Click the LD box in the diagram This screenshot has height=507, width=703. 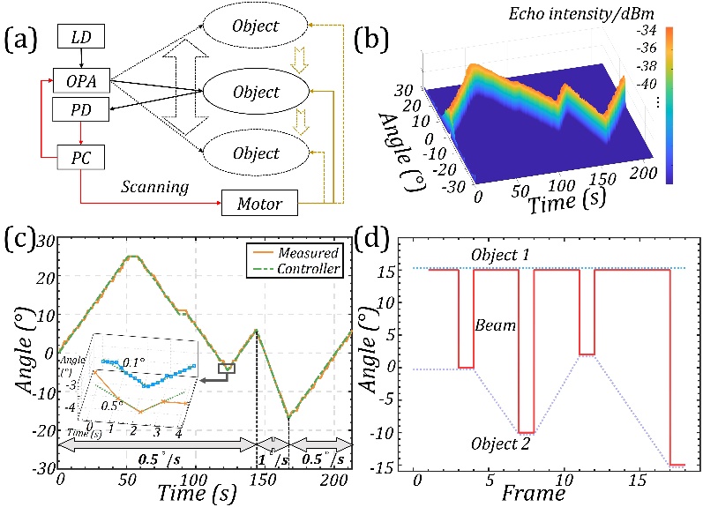81,38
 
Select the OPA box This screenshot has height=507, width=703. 81,81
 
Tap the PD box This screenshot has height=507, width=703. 81,110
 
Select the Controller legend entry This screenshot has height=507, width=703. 308,269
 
